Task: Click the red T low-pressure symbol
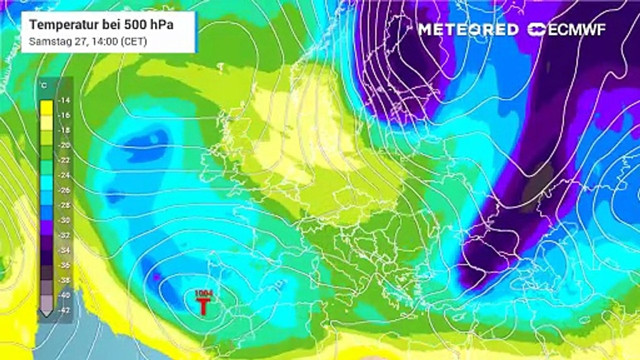(202, 306)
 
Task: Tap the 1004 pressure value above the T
(203, 292)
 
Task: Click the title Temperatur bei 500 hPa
(101, 24)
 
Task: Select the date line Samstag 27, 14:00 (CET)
(88, 41)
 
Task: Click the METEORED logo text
(468, 29)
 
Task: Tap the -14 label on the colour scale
(64, 100)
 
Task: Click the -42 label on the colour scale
(64, 310)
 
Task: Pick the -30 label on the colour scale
(64, 220)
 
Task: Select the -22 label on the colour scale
(64, 160)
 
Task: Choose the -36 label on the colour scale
(64, 265)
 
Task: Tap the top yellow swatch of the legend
(47, 106)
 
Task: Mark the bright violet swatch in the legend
(47, 227)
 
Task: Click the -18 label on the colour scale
(64, 130)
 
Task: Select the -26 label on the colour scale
(64, 190)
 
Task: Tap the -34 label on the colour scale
(64, 250)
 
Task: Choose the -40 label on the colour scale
(64, 295)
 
